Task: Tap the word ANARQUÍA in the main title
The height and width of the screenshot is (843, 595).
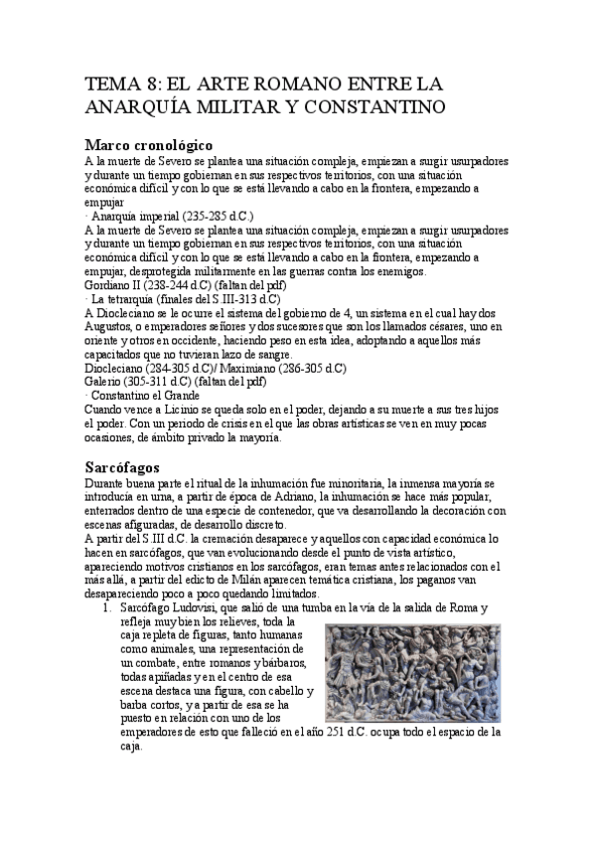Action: (x=129, y=105)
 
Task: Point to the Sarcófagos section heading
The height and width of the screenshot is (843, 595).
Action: (x=123, y=465)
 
